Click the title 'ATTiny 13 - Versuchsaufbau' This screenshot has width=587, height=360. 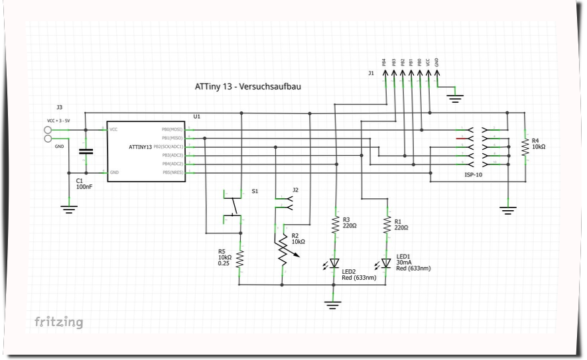(247, 86)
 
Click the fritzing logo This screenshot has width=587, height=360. (59, 322)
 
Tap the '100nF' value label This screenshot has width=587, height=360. (84, 188)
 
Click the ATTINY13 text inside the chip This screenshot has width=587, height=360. (141, 146)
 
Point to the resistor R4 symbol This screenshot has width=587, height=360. (525, 145)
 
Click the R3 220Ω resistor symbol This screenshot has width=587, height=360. (336, 223)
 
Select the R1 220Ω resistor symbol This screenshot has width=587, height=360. (387, 224)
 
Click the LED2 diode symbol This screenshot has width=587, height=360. (335, 263)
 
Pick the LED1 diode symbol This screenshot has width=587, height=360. (386, 263)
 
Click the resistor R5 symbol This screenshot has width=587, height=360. (240, 259)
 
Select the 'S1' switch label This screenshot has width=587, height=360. (255, 191)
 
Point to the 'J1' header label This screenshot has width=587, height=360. (371, 74)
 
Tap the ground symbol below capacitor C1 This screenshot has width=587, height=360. (69, 208)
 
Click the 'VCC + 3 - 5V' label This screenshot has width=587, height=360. (58, 121)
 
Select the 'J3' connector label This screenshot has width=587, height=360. (59, 107)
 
